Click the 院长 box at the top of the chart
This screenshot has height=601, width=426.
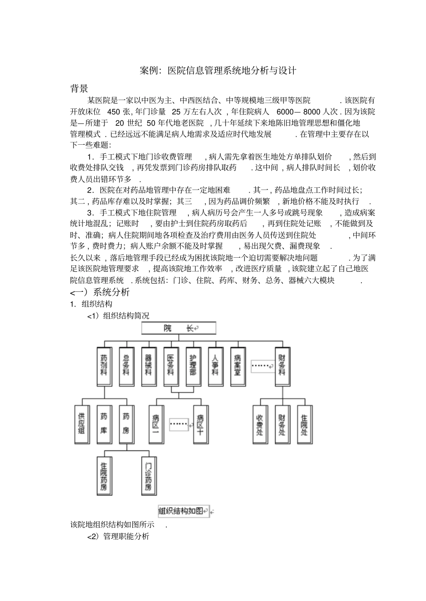(x=178, y=328)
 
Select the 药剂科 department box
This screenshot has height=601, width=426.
(x=104, y=366)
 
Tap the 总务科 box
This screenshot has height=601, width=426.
(x=126, y=366)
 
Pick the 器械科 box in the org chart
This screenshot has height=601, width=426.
(x=148, y=366)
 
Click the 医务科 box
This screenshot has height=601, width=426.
(x=171, y=366)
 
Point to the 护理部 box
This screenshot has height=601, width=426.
(x=193, y=366)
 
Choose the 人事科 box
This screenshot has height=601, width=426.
(x=215, y=366)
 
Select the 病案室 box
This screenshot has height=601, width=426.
(x=238, y=366)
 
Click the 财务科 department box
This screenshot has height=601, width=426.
(x=282, y=366)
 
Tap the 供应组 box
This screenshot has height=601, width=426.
(x=82, y=424)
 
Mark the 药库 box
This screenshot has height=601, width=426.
(x=104, y=424)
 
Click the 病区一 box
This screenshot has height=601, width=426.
(x=156, y=424)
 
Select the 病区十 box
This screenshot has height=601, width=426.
(x=200, y=424)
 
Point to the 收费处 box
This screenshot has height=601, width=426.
(x=260, y=424)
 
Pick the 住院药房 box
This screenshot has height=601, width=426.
(x=104, y=476)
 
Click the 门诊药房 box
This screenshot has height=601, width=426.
(x=148, y=476)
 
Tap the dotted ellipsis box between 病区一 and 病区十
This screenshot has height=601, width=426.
(x=178, y=424)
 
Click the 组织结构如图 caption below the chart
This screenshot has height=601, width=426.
(x=184, y=511)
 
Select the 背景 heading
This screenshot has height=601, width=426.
(x=79, y=88)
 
